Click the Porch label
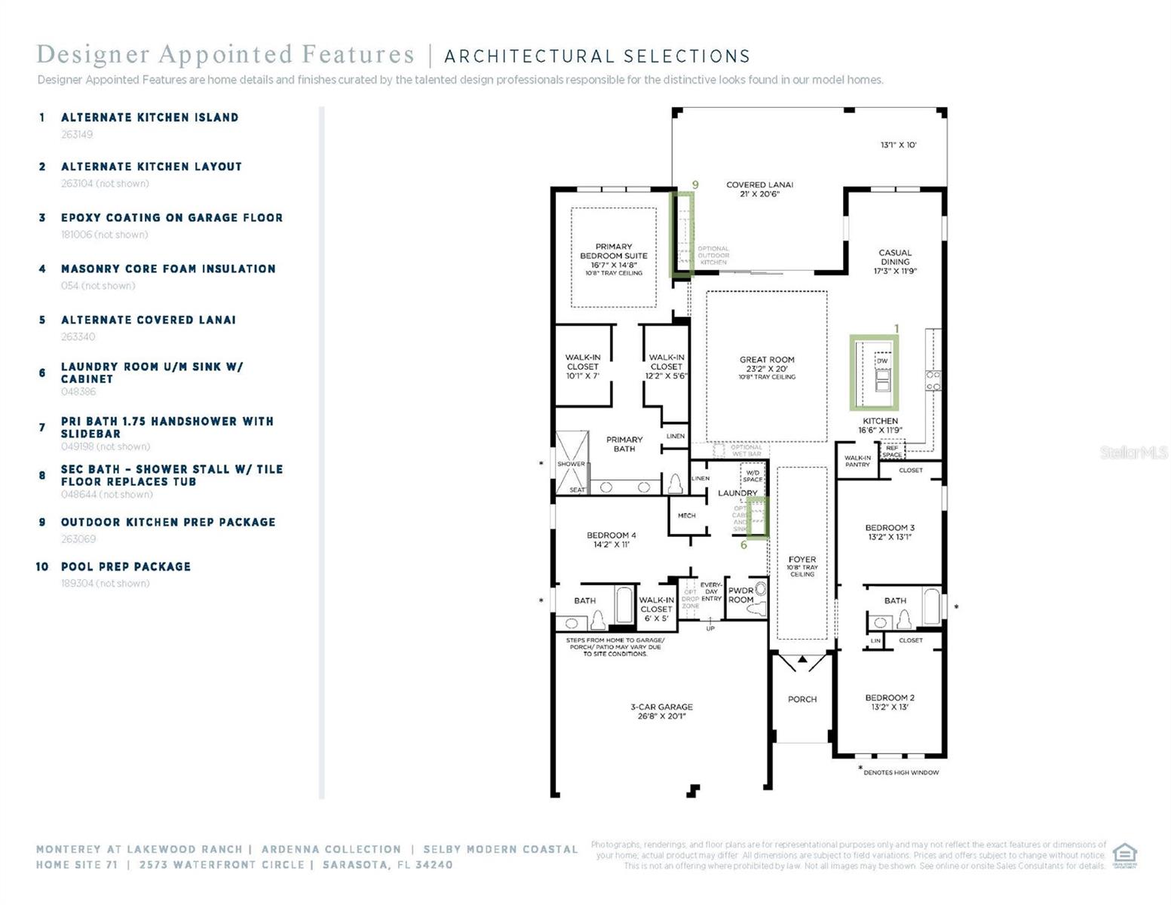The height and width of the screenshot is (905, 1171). coord(802,699)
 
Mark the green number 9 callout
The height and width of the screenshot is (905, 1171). coord(695,185)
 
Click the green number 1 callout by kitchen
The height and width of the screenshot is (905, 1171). coord(897,328)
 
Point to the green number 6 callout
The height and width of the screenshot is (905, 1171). coord(743,545)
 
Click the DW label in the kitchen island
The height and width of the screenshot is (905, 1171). coord(882,361)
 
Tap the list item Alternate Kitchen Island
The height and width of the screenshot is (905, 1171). coord(149,118)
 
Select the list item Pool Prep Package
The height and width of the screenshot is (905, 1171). coord(125,566)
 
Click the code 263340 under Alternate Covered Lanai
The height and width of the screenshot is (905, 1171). coord(78,337)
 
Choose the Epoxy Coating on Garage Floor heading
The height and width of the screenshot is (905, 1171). coord(172,218)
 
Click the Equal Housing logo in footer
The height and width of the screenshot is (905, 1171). coord(1124,855)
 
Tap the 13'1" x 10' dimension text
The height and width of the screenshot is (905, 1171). coord(898,145)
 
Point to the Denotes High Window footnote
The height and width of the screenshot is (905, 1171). coord(901,772)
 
